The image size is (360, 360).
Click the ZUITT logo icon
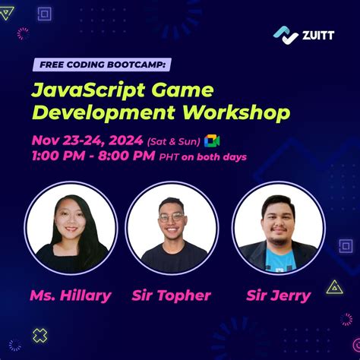pyautogui.click(x=285, y=35)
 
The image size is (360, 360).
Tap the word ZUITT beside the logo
pyautogui.click(x=317, y=35)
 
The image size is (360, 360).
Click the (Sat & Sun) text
pyautogui.click(x=174, y=142)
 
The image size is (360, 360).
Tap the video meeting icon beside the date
pyautogui.click(x=213, y=141)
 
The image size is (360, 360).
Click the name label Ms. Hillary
pyautogui.click(x=71, y=295)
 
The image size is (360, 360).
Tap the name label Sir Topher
pyautogui.click(x=171, y=295)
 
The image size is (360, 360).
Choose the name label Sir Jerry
pyautogui.click(x=278, y=295)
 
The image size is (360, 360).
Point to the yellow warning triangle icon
pyautogui.click(x=333, y=286)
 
